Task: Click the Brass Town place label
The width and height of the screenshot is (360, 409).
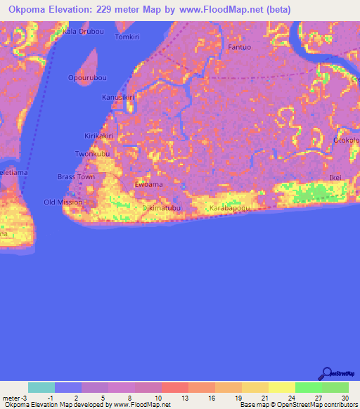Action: [x=76, y=177]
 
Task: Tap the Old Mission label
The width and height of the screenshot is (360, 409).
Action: [x=63, y=202]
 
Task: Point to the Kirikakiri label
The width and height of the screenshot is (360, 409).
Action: [x=99, y=136]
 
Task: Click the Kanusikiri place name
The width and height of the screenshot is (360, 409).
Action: [x=117, y=97]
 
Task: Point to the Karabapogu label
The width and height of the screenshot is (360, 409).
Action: [x=228, y=209]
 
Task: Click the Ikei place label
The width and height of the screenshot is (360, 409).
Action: [x=335, y=178]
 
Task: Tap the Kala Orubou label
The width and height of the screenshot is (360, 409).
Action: [x=79, y=32]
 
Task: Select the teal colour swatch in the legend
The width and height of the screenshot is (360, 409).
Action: [x=41, y=387]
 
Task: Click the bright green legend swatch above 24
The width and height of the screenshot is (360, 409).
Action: [x=309, y=387]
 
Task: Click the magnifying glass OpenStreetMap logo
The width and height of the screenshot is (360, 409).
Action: [x=328, y=374]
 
